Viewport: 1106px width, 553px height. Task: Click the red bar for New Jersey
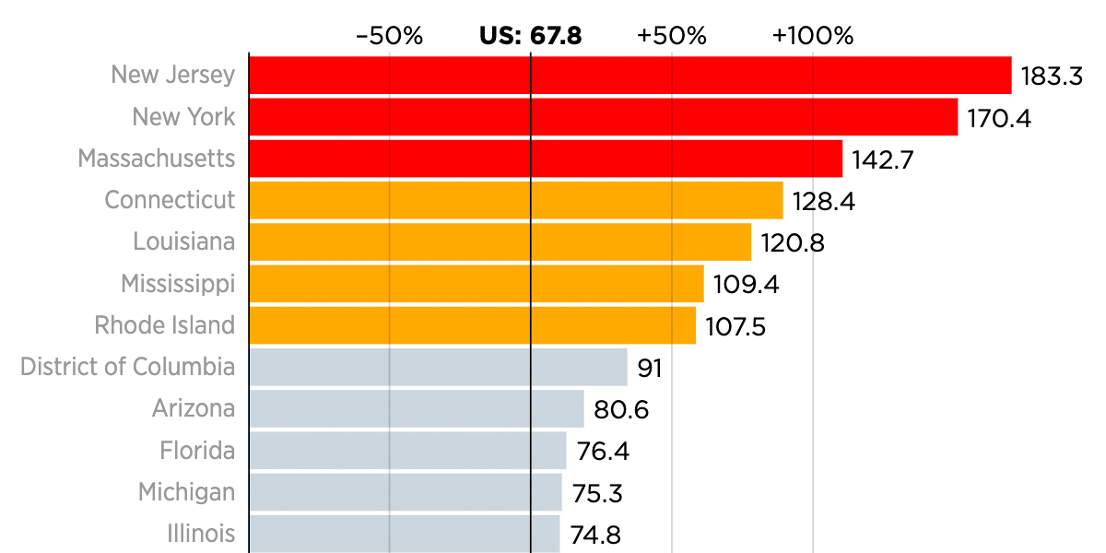630,75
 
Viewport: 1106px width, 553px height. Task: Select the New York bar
604,117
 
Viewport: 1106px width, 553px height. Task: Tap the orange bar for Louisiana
500,241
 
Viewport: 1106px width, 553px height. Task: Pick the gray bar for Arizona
417,408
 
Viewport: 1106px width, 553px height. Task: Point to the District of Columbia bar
438,367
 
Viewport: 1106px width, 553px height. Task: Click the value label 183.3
1052,76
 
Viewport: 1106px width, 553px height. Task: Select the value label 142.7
882,159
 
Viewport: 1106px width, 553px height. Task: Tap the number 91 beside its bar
650,368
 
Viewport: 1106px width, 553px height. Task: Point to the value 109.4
746,284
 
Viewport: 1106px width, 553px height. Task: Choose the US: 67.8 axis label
530,36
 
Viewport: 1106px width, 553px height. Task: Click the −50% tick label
389,36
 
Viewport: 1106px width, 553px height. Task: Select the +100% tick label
813,36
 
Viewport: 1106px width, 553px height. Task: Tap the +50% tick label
672,36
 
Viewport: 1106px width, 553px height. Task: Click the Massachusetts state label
157,159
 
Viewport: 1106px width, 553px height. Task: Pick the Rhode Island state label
165,325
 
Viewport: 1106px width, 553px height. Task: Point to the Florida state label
197,451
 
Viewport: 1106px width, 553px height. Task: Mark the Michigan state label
187,492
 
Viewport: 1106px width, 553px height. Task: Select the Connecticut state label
170,200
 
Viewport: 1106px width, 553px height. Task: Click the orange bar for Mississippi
477,284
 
